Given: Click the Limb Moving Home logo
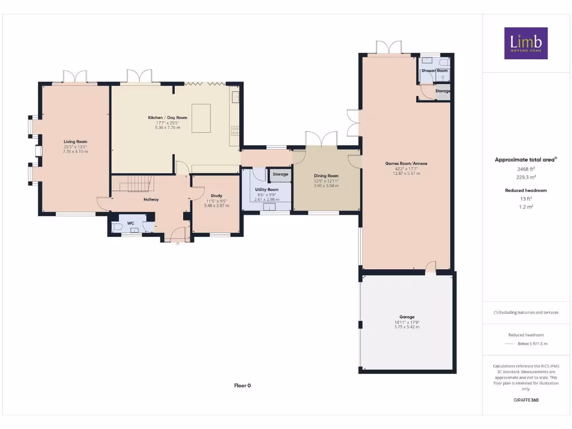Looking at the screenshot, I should click(x=526, y=43).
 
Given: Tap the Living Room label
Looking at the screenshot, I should click(x=75, y=142).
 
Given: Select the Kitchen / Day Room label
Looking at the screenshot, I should click(x=168, y=118).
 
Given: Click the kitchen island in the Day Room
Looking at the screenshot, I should click(x=201, y=118).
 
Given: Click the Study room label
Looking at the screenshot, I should click(x=216, y=196).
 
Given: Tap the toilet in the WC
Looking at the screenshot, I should click(x=117, y=227).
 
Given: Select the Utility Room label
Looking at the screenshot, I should click(x=266, y=190).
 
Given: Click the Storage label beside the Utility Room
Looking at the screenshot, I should click(x=280, y=174).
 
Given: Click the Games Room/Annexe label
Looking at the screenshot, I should click(x=406, y=163).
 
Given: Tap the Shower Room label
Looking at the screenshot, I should click(x=435, y=71).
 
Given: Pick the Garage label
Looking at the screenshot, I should click(x=407, y=317).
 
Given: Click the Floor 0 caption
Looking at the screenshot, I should click(x=242, y=385).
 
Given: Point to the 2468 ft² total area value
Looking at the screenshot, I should click(x=526, y=168).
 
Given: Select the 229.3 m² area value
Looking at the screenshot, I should click(x=526, y=177).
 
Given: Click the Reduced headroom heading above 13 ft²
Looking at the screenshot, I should click(x=526, y=190).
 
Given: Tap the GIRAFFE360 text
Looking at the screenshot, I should click(x=526, y=400).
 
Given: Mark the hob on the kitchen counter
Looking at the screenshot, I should click(x=235, y=131).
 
